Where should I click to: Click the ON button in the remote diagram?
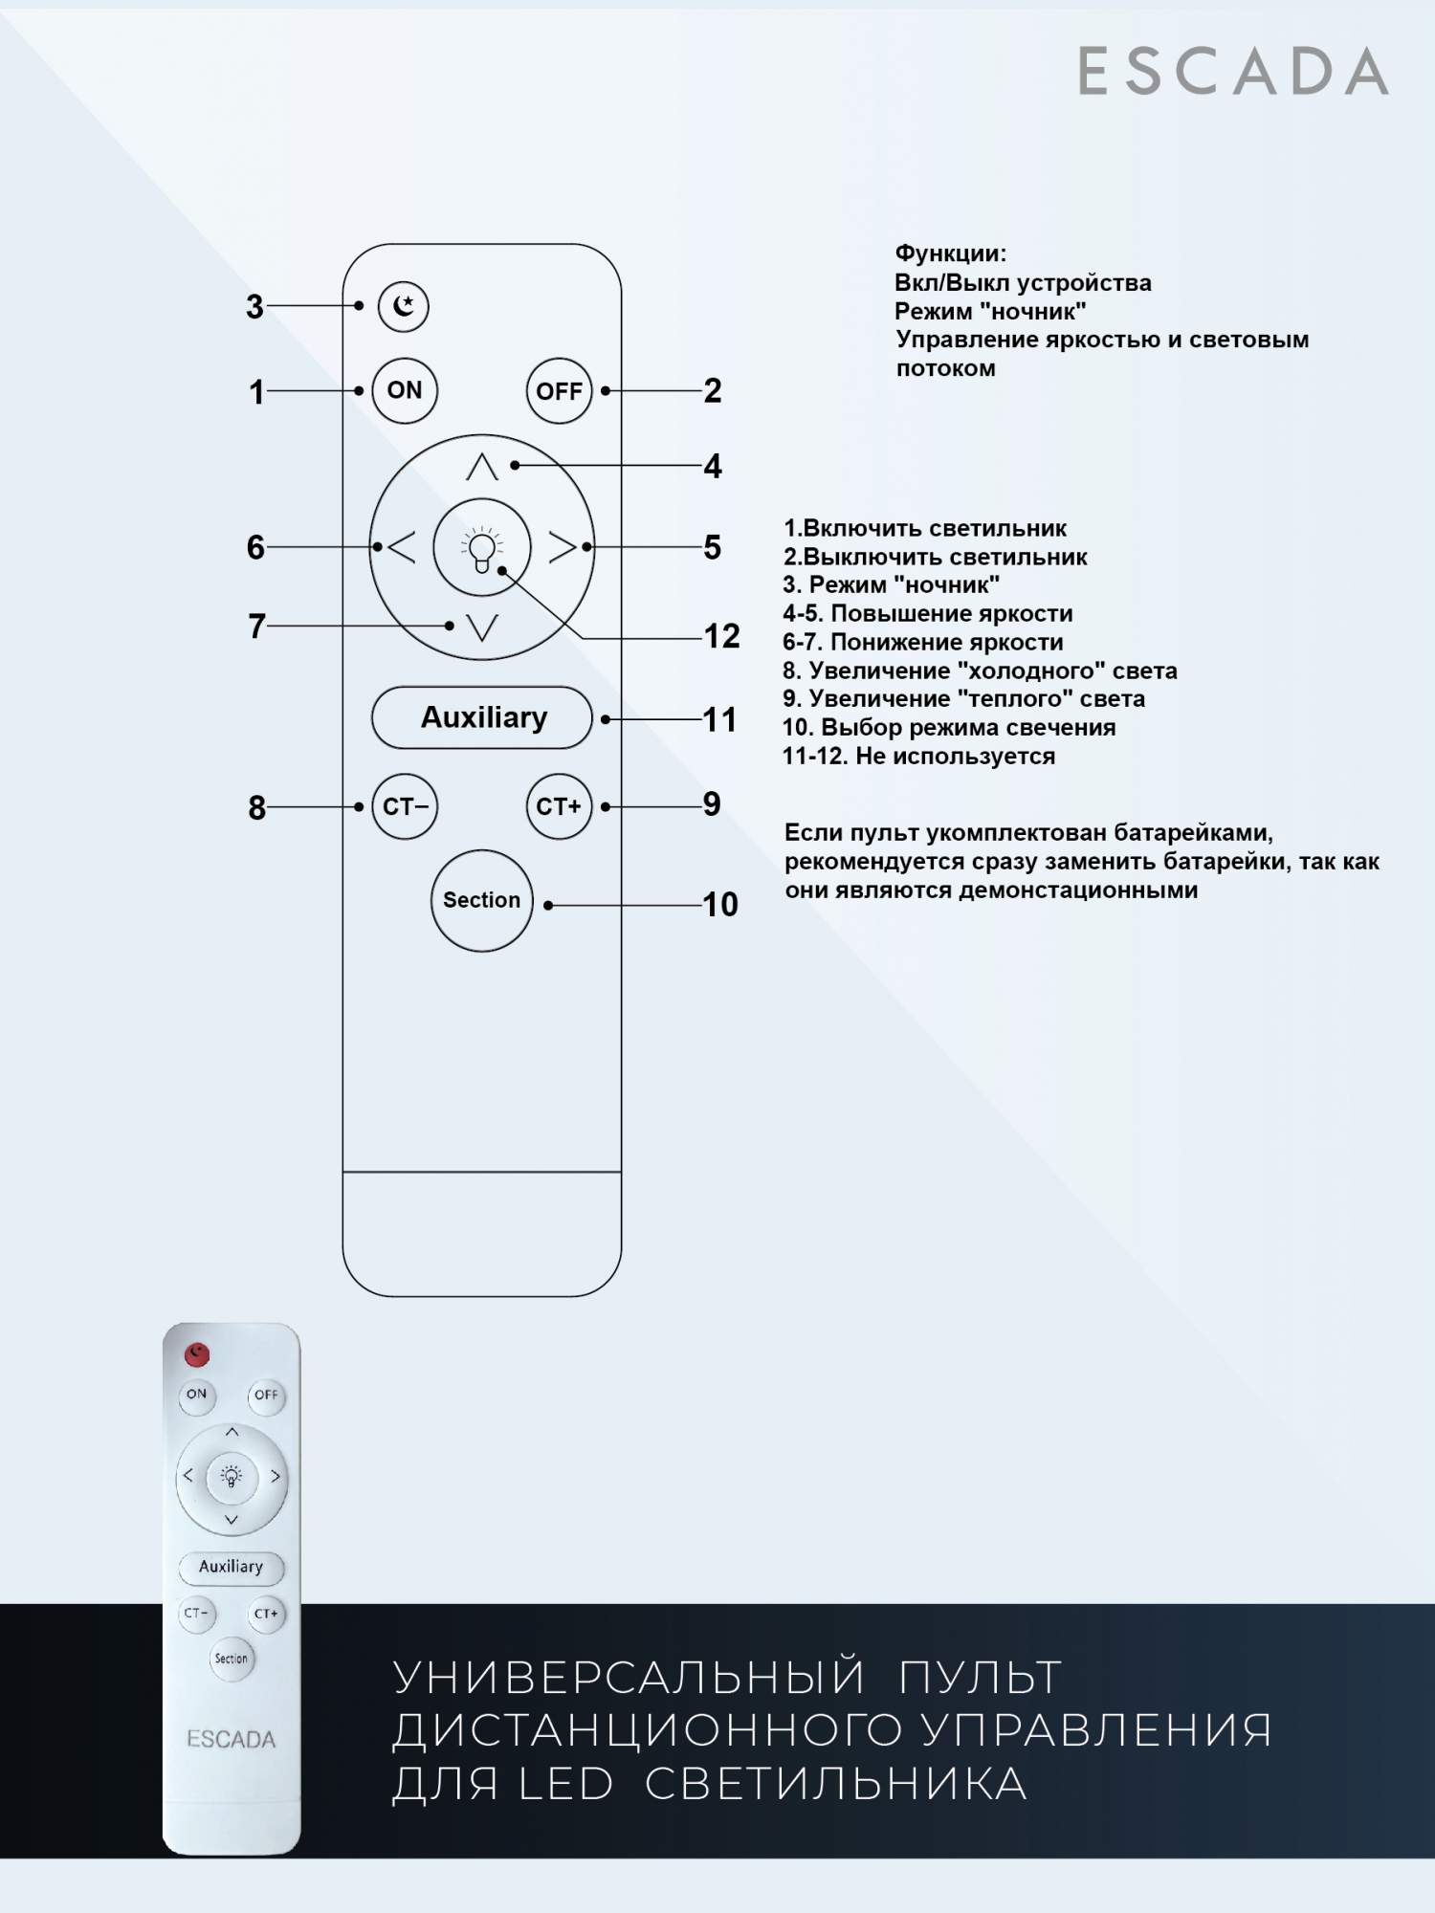405,390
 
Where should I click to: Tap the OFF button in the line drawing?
559,390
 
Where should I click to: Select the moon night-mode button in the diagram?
404,306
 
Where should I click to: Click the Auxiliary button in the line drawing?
482,717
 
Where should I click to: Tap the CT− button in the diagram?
405,806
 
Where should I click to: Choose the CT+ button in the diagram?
559,806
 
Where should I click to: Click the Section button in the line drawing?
481,900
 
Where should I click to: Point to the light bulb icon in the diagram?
481,549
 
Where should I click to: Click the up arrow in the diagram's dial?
481,467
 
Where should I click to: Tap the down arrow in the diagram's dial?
481,627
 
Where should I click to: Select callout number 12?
721,636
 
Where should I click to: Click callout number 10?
720,904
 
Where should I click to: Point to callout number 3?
254,307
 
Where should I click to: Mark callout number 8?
256,807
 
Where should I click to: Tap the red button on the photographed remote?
197,1353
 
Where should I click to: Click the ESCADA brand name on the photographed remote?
231,1739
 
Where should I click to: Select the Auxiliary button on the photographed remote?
231,1567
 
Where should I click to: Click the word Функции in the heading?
950,253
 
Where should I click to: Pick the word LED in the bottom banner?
565,1784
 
